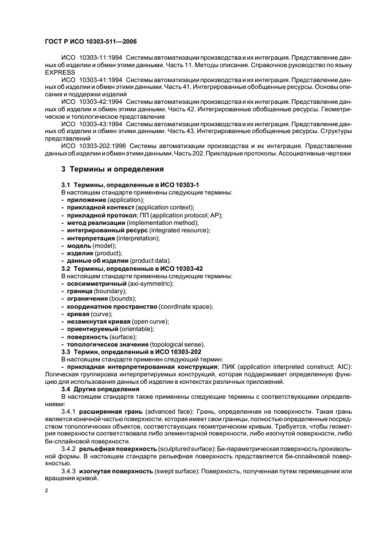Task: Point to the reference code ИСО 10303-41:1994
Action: tap(91, 80)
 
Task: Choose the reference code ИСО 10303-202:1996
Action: tap(92, 146)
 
